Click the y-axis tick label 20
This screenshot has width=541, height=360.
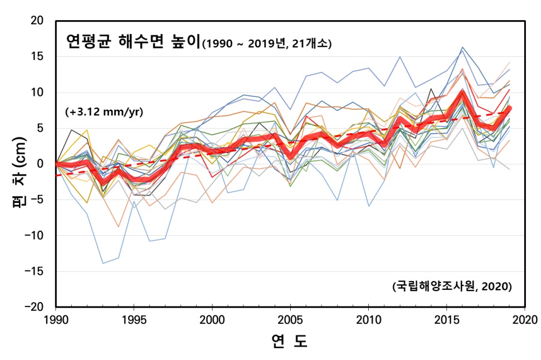click(37, 21)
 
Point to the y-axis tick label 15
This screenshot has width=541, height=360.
click(37, 56)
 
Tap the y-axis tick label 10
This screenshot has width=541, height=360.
click(37, 92)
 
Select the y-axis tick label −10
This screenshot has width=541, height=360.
click(34, 235)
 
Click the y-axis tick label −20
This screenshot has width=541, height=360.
click(34, 307)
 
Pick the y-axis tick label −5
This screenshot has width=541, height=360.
click(37, 200)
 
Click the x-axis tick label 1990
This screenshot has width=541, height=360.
click(56, 320)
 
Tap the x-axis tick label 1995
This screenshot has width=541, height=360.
click(134, 320)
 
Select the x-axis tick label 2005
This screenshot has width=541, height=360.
click(290, 320)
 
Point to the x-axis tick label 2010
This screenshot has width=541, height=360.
click(369, 320)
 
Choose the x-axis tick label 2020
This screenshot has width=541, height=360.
click(525, 320)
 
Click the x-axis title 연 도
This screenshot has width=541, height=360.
click(289, 341)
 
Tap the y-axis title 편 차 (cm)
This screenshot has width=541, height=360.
click(20, 172)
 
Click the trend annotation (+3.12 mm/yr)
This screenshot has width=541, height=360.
click(104, 112)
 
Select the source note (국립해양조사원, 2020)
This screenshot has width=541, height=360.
click(452, 286)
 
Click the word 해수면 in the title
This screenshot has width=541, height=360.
click(141, 41)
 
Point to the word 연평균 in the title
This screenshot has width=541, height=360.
click(89, 41)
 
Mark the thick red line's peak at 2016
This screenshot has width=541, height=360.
click(462, 93)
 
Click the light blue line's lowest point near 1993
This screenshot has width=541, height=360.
click(103, 264)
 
